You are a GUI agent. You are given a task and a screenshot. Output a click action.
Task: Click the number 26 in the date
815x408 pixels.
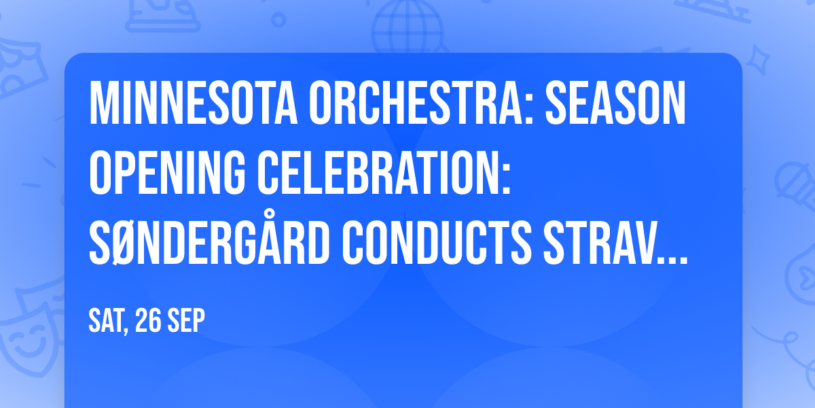click(149, 321)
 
